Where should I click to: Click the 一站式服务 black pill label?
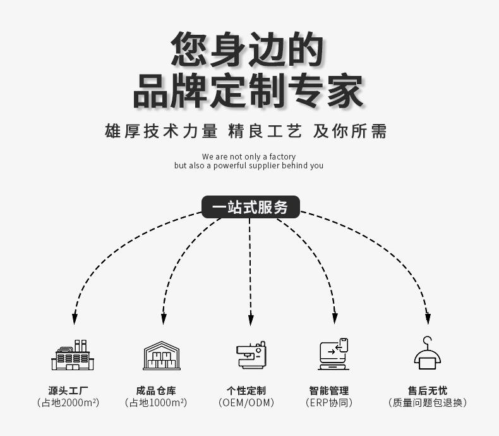coord(250,207)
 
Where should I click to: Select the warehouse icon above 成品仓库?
coord(162,355)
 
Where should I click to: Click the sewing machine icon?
coord(251,355)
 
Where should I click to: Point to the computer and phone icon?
coord(333,354)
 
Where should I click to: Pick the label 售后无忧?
coord(428,390)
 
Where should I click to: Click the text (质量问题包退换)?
coord(428,402)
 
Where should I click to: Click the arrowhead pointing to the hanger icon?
coord(428,318)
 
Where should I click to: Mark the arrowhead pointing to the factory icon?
coord(75,318)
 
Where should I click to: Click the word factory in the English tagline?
coord(282,156)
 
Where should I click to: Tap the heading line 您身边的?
coord(248,49)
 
